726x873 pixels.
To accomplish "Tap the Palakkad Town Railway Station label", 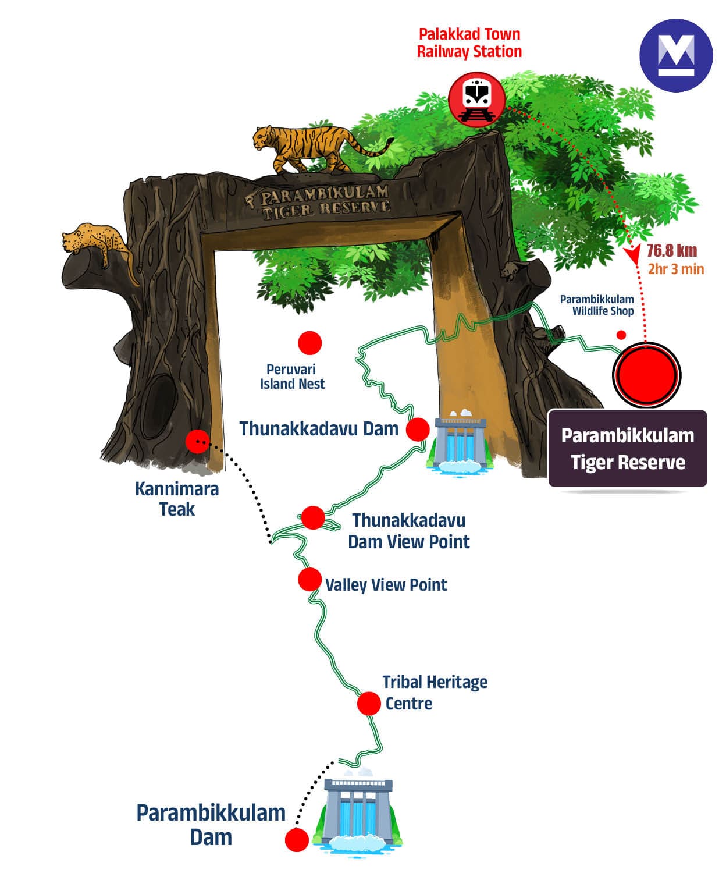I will pyautogui.click(x=469, y=42).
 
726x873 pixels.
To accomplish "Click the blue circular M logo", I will pyautogui.click(x=675, y=55).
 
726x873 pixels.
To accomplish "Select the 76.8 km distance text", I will pyautogui.click(x=671, y=251).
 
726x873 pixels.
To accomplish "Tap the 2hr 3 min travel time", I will pyautogui.click(x=675, y=269).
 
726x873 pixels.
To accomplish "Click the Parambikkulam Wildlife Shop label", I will pyautogui.click(x=597, y=305).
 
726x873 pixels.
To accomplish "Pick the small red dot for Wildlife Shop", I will pyautogui.click(x=621, y=335).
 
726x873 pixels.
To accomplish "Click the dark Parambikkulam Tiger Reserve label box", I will pyautogui.click(x=628, y=449).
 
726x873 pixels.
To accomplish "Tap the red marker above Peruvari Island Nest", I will pyautogui.click(x=309, y=343).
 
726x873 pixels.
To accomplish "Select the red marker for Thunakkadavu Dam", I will pyautogui.click(x=417, y=430).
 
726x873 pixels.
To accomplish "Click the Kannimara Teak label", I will pyautogui.click(x=177, y=499).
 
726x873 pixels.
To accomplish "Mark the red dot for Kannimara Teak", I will pyautogui.click(x=197, y=441).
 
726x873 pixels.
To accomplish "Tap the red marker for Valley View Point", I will pyautogui.click(x=309, y=580).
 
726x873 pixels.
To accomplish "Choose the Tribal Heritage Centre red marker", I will pyautogui.click(x=368, y=703).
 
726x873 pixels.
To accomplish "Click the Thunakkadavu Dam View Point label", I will pyautogui.click(x=408, y=531).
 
